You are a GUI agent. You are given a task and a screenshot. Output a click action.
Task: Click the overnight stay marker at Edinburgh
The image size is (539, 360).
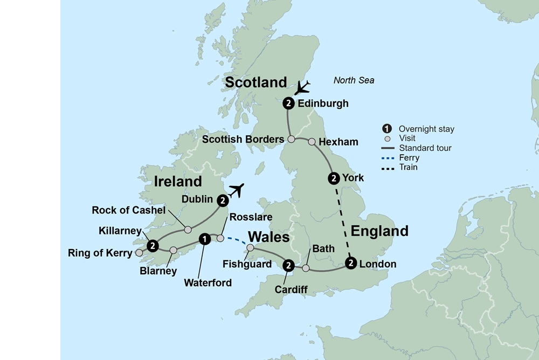pyautogui.click(x=288, y=103)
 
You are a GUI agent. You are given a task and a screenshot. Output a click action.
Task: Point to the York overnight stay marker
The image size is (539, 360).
pyautogui.click(x=334, y=178)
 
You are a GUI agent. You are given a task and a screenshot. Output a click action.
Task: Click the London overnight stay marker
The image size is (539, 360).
pyautogui.click(x=351, y=264)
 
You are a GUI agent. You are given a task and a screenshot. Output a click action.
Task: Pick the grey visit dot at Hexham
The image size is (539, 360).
pyautogui.click(x=312, y=142)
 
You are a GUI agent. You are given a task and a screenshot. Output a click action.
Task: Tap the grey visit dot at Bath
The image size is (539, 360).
pyautogui.click(x=306, y=268)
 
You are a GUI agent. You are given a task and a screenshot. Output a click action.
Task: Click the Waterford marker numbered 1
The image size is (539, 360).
pyautogui.click(x=204, y=238)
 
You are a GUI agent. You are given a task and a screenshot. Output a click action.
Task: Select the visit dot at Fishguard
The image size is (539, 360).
pyautogui.click(x=250, y=248)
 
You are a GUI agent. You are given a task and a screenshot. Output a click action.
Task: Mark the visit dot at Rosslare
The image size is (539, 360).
pyautogui.click(x=220, y=238)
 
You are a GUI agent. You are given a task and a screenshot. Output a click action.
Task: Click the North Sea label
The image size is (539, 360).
pyautogui.click(x=354, y=80)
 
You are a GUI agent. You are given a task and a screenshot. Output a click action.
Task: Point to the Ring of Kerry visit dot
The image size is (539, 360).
pyautogui.click(x=139, y=252)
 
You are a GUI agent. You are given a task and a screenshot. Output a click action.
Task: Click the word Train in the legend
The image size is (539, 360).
pyautogui.click(x=408, y=167)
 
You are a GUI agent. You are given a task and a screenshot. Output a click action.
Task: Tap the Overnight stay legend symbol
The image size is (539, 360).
pyautogui.click(x=386, y=129)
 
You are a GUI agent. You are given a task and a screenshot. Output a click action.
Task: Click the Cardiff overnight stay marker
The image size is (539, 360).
pyautogui.click(x=288, y=265)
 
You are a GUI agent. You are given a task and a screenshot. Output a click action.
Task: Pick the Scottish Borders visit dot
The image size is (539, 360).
pyautogui.click(x=291, y=139)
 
